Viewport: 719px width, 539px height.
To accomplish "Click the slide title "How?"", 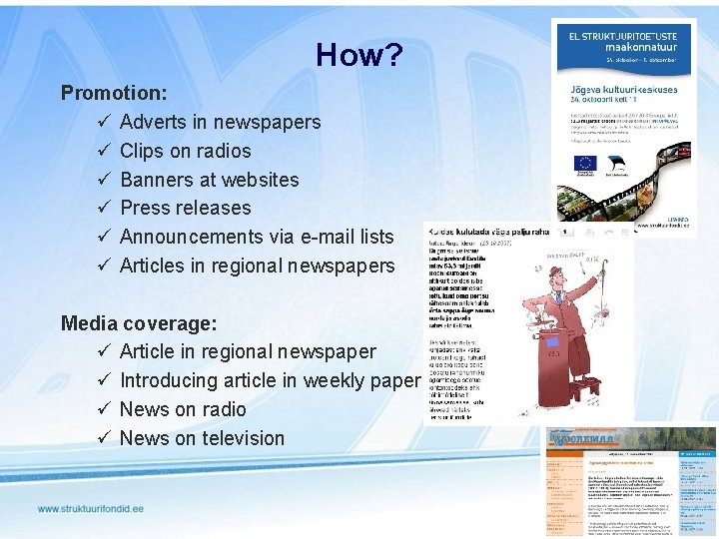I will [x=359, y=55].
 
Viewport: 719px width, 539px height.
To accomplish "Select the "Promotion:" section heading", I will [x=113, y=93].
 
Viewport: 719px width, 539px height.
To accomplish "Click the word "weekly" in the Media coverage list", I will [x=337, y=380].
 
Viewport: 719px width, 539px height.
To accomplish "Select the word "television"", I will [x=236, y=437].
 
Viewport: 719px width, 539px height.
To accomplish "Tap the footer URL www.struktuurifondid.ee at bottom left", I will [x=91, y=509].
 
